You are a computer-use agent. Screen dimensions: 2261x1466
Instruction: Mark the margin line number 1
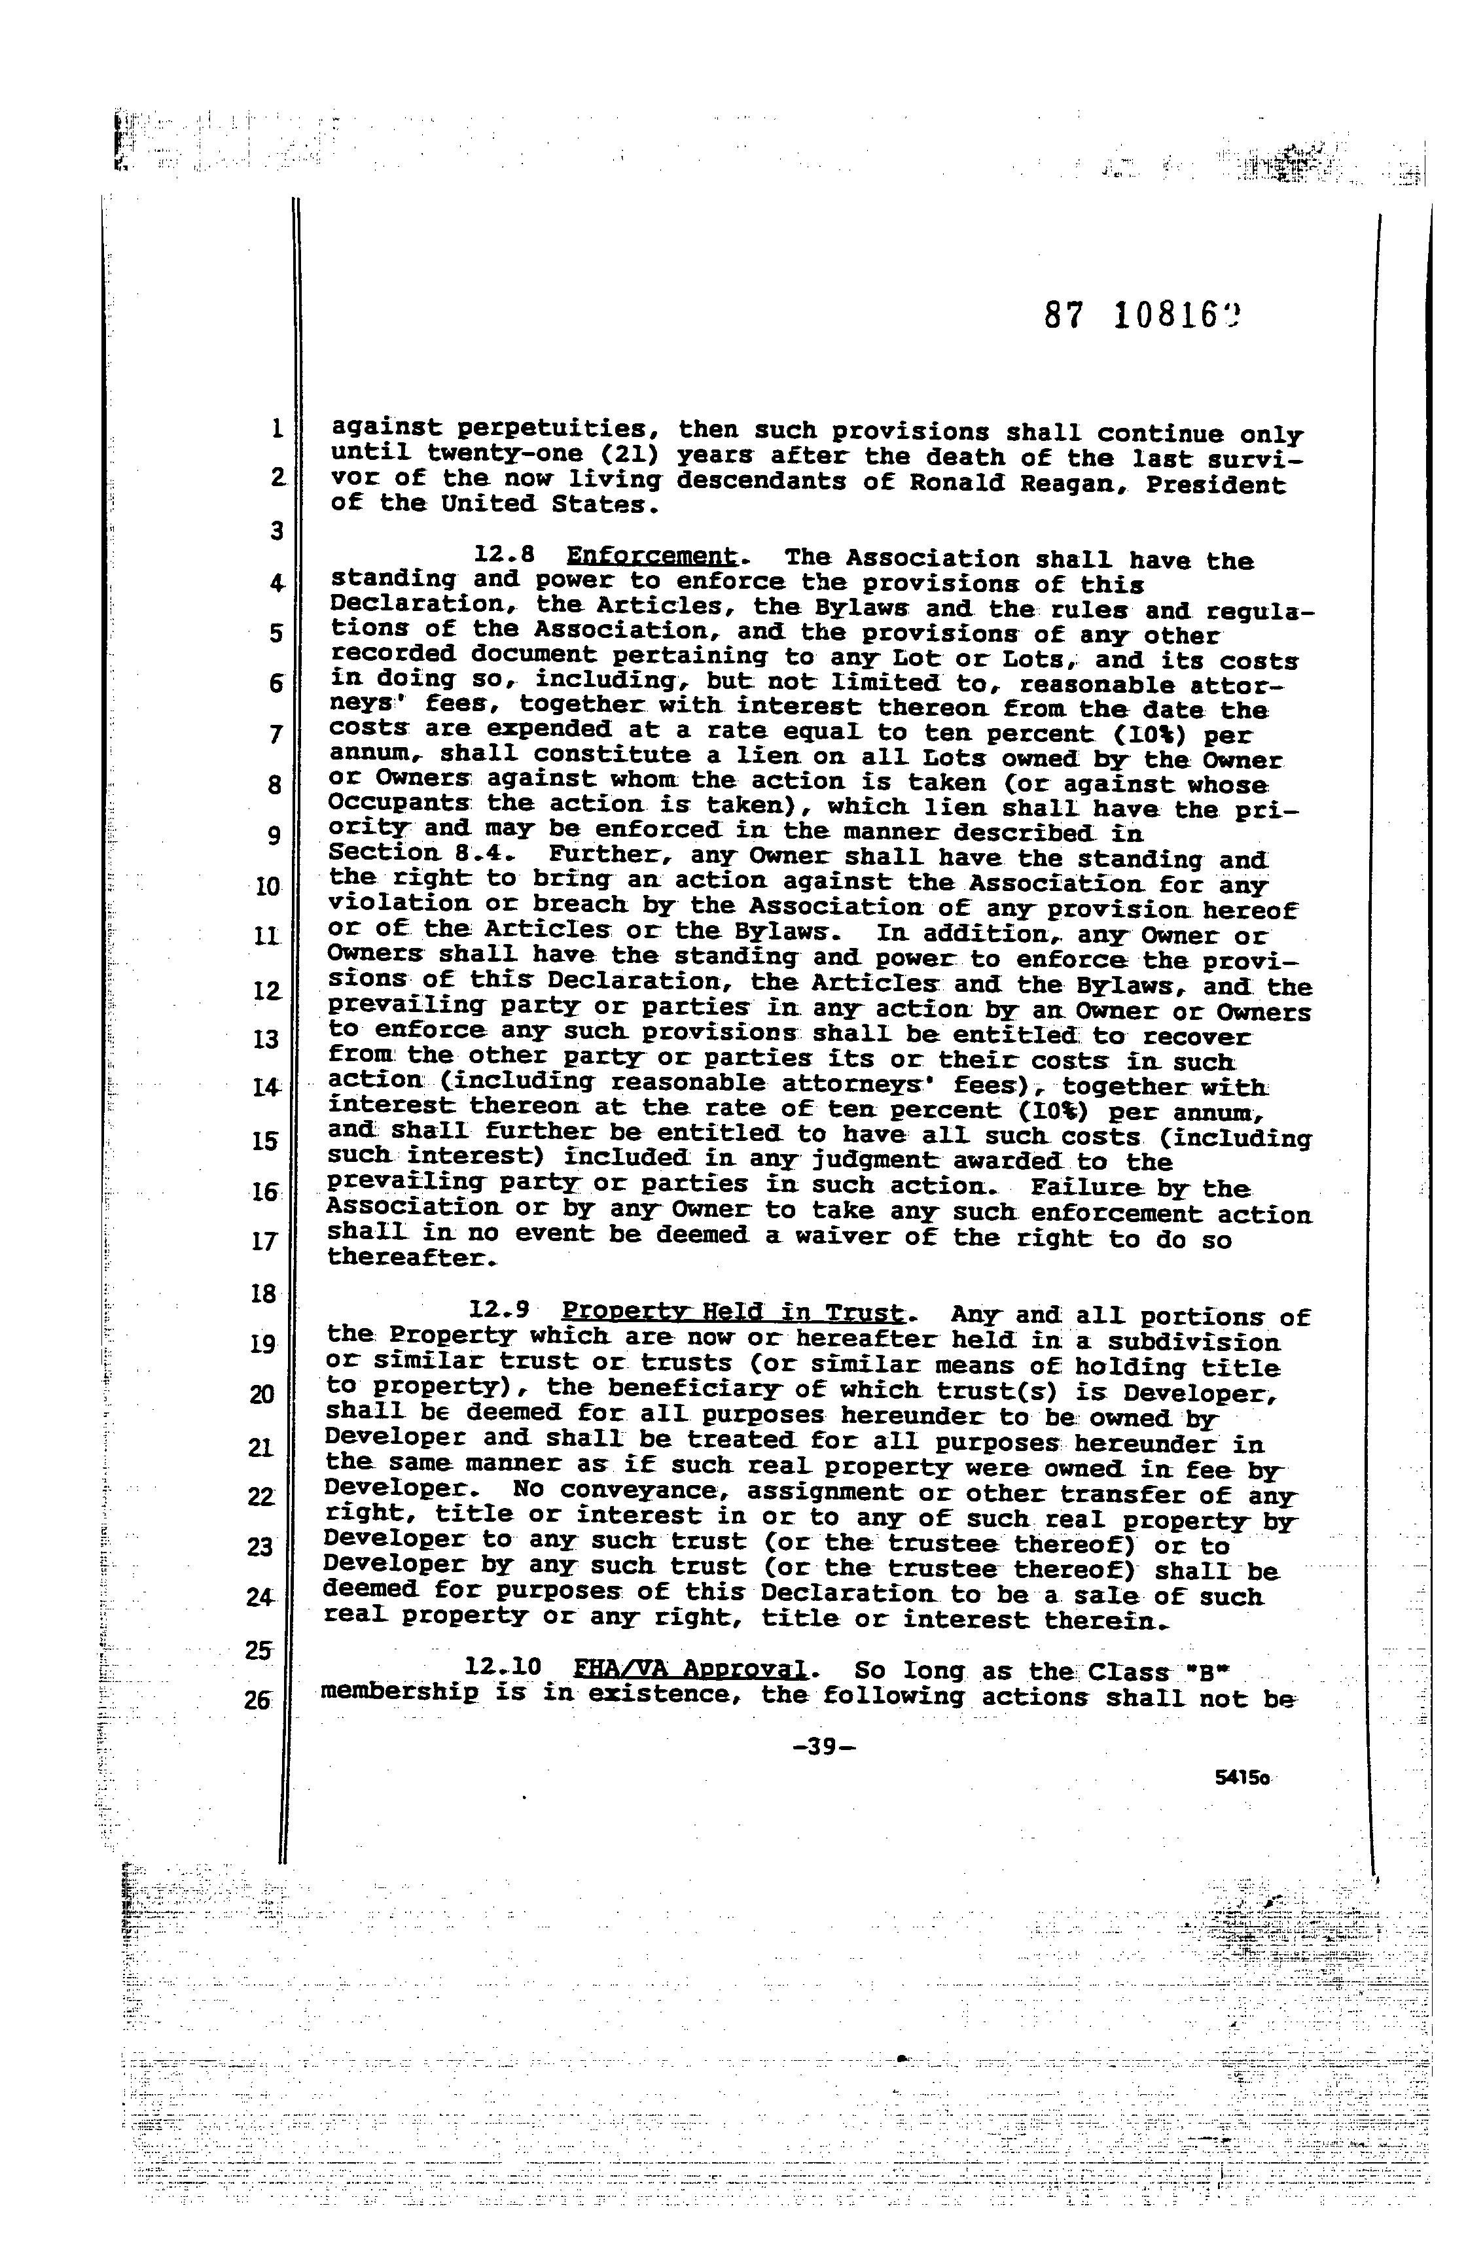[276, 429]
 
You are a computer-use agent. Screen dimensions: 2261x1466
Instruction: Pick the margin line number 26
[257, 1700]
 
